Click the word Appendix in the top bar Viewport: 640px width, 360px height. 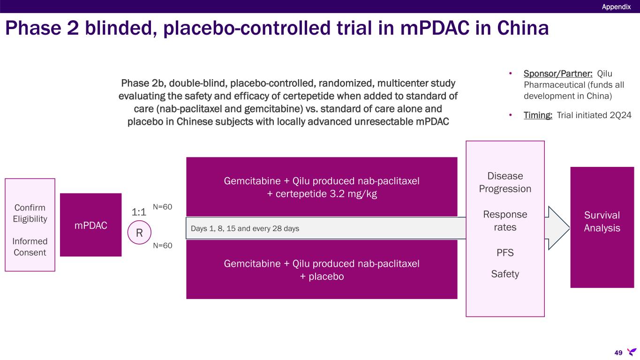[x=616, y=7]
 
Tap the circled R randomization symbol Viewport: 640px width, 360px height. [x=139, y=233]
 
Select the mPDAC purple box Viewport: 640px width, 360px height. [x=90, y=225]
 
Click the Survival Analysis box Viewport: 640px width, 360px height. [x=602, y=222]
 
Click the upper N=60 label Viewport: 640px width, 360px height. [x=163, y=207]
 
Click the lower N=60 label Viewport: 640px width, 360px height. [x=163, y=245]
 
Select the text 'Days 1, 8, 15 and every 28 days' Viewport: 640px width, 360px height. [x=245, y=229]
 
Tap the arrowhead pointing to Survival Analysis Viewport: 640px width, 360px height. [x=558, y=228]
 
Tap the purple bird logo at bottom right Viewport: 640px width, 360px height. [x=632, y=352]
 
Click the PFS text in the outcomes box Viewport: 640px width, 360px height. [x=505, y=253]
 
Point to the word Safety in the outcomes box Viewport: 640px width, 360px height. [x=505, y=274]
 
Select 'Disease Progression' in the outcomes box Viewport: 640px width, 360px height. [x=505, y=182]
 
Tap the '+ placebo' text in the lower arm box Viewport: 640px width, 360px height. [x=322, y=277]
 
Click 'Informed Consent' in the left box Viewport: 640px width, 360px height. [x=30, y=247]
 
